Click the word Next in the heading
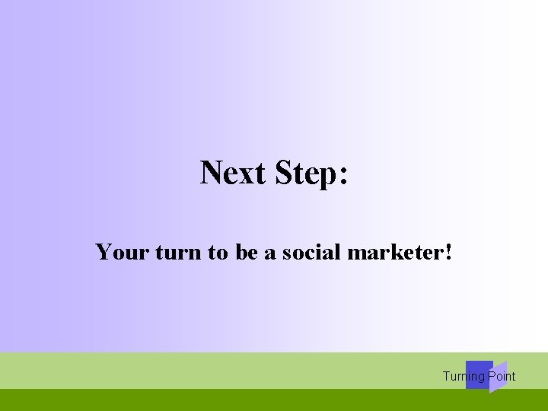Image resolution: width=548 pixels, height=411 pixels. click(x=232, y=173)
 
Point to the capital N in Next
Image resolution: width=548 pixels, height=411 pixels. click(x=211, y=173)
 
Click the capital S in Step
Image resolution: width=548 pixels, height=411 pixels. click(x=282, y=173)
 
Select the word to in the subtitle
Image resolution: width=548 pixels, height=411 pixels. click(x=217, y=252)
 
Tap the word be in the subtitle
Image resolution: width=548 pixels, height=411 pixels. click(x=247, y=251)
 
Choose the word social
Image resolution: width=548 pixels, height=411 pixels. click(x=311, y=251)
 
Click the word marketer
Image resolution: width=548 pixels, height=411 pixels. click(x=395, y=251)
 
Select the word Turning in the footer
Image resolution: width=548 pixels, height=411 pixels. click(x=464, y=376)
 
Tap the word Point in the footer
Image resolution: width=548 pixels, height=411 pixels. click(x=502, y=376)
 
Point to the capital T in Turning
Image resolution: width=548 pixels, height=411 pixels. click(x=446, y=376)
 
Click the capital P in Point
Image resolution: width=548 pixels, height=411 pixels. click(x=492, y=376)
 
